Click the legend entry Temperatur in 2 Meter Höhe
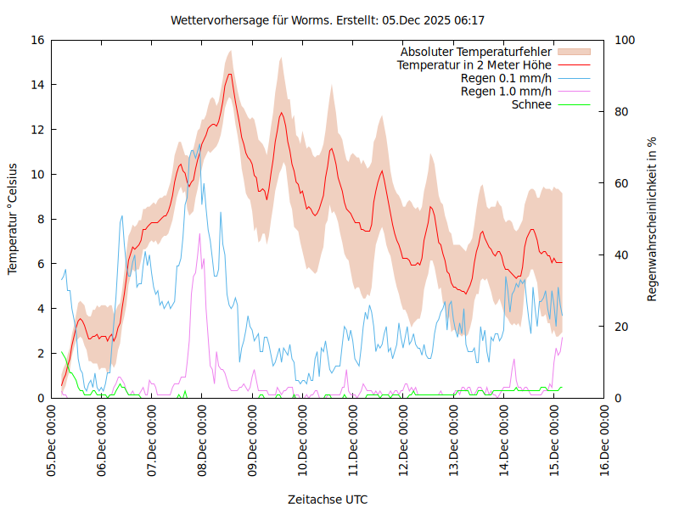[474, 65]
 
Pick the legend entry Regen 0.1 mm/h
[506, 78]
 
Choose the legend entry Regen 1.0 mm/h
[506, 92]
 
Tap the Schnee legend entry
[531, 104]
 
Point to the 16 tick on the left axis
[37, 40]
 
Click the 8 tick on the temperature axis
[41, 219]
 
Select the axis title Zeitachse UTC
[328, 499]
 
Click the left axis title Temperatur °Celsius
[13, 219]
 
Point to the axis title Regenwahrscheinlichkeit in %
[653, 219]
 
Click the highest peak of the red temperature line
[229, 74]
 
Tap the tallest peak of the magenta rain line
[199, 234]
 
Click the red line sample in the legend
[573, 65]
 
